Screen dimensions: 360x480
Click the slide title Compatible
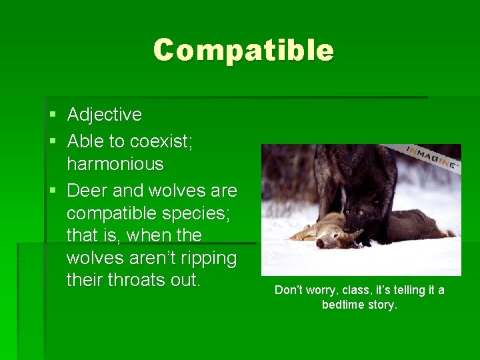point(243,50)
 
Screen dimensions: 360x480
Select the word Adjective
point(105,115)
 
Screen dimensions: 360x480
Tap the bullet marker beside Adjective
point(53,115)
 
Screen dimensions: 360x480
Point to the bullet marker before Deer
point(53,191)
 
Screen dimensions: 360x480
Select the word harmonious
point(115,164)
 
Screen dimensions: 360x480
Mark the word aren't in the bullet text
point(143,258)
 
